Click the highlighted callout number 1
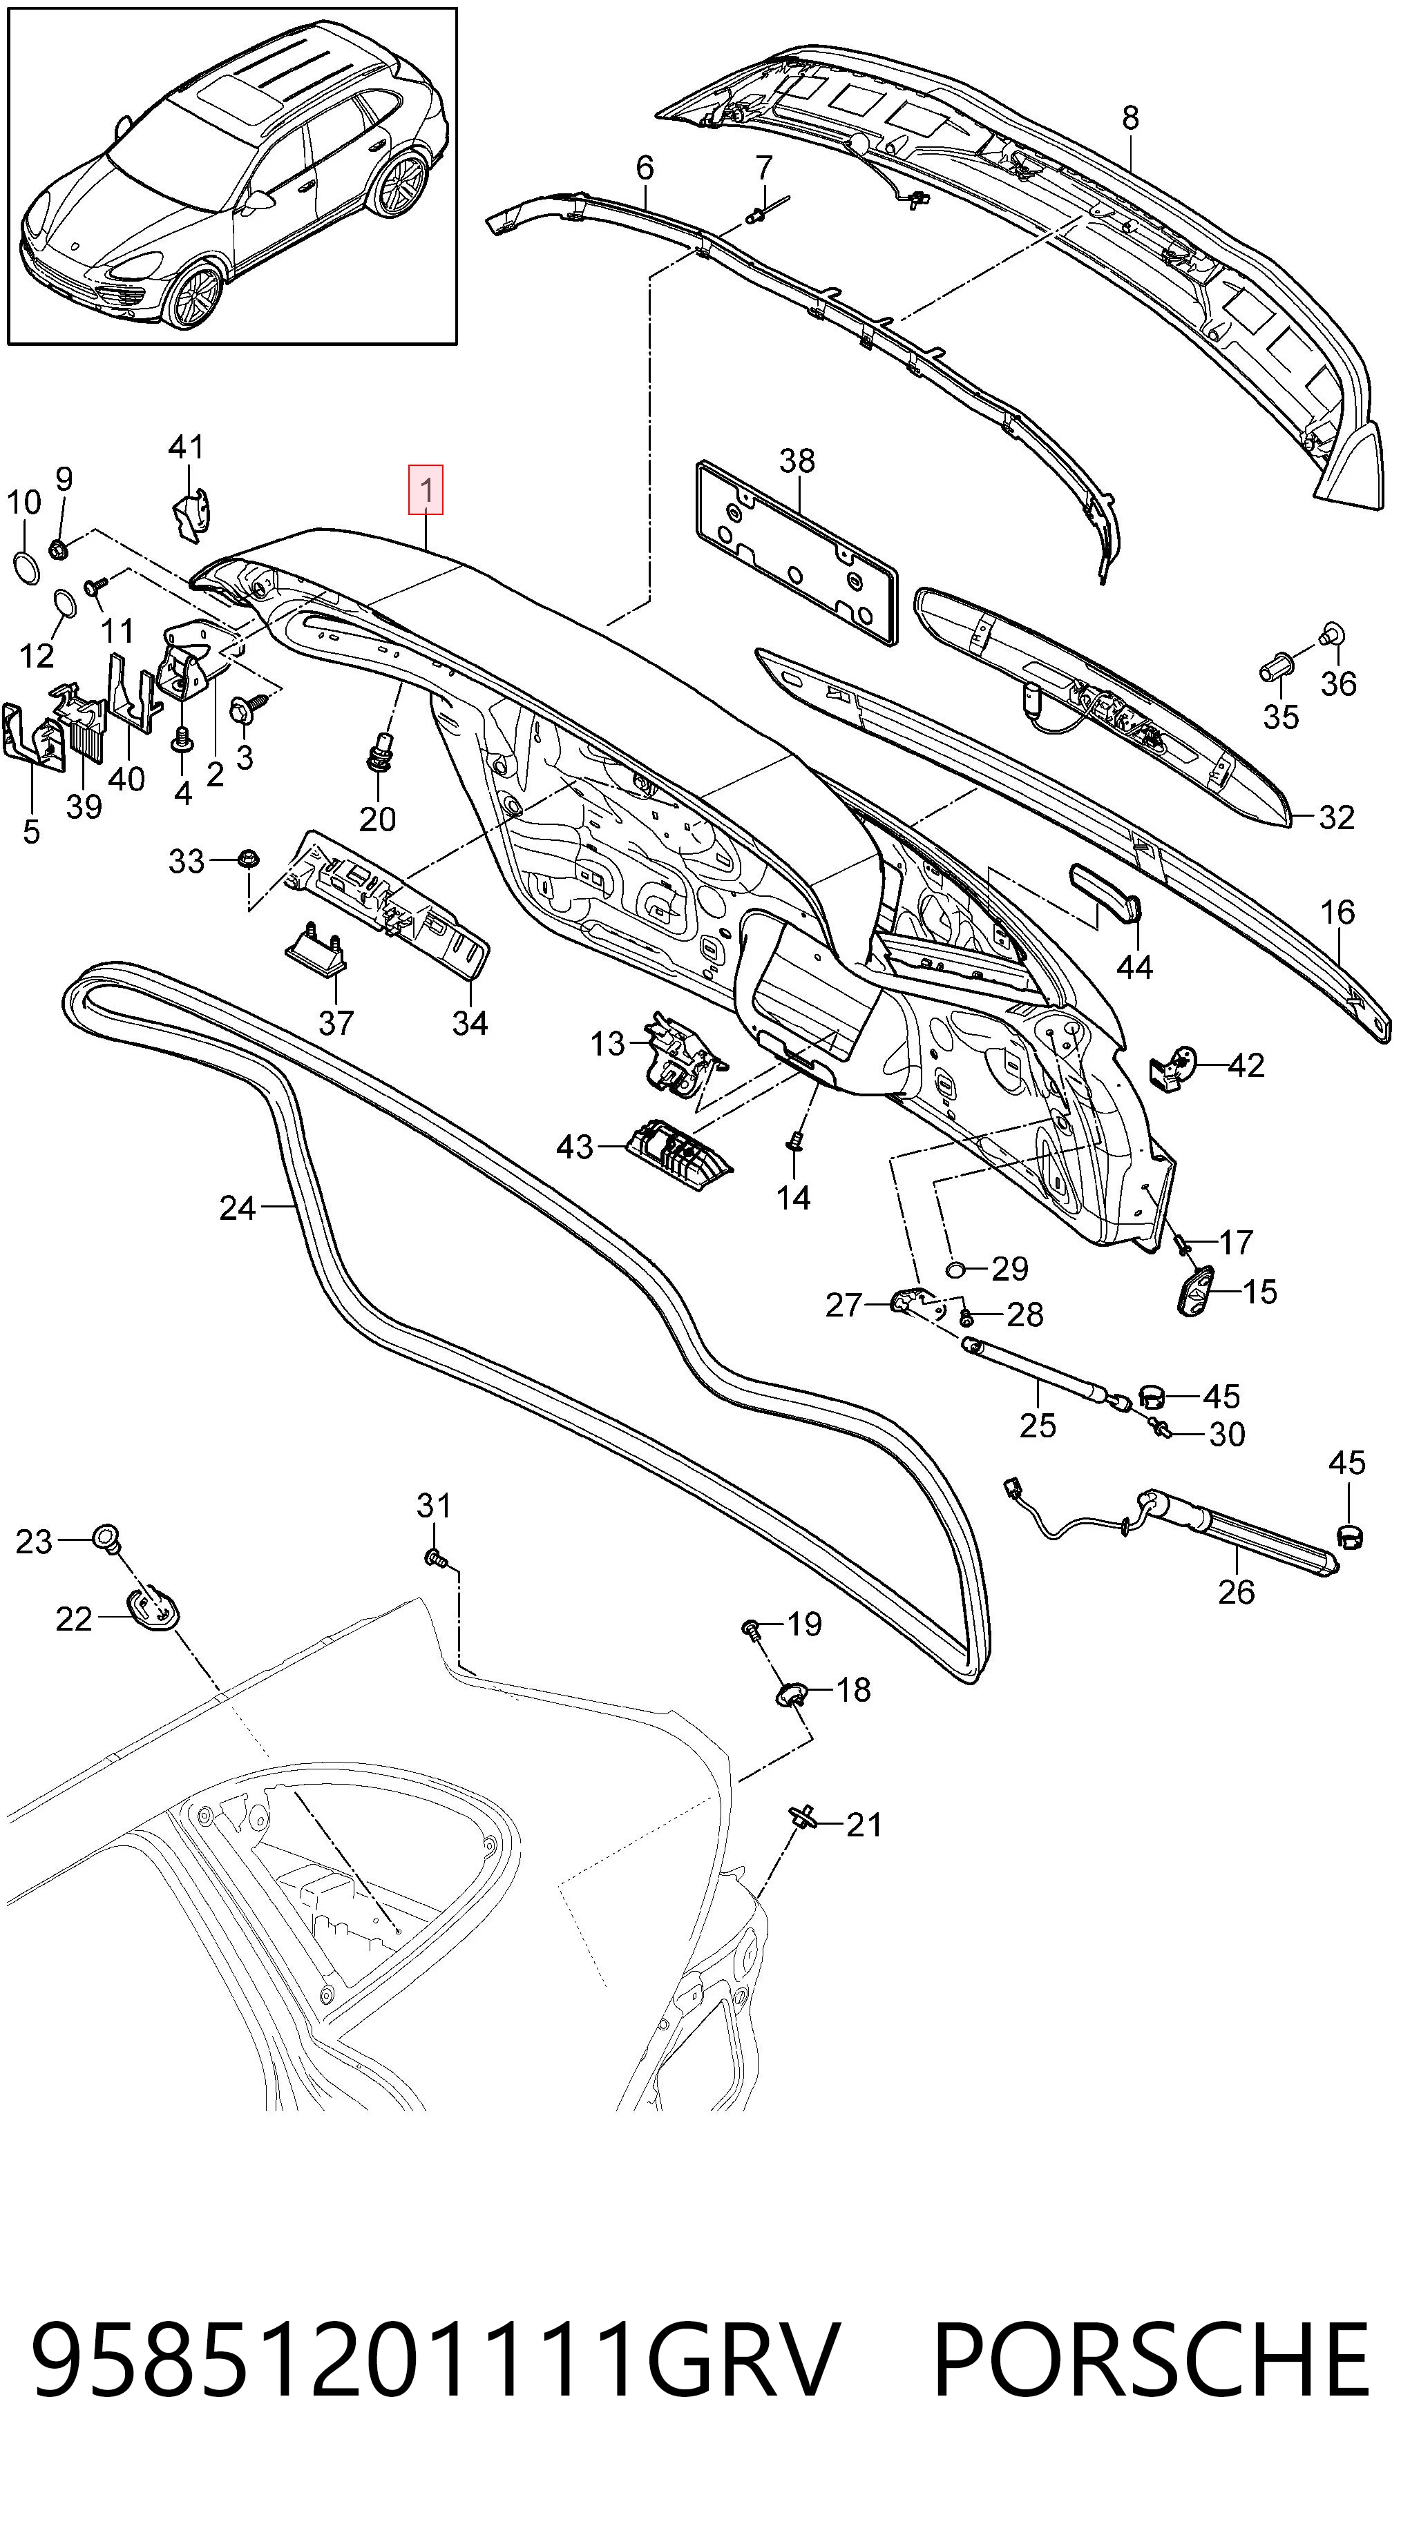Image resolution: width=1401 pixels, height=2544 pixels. pos(427,490)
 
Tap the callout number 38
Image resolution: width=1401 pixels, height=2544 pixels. pos(797,460)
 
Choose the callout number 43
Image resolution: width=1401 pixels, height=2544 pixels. pos(575,1147)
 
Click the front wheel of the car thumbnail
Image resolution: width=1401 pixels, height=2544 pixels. pos(193,294)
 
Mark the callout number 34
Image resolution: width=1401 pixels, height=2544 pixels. pos(470,1022)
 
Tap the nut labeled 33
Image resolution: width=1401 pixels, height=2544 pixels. pos(248,857)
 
